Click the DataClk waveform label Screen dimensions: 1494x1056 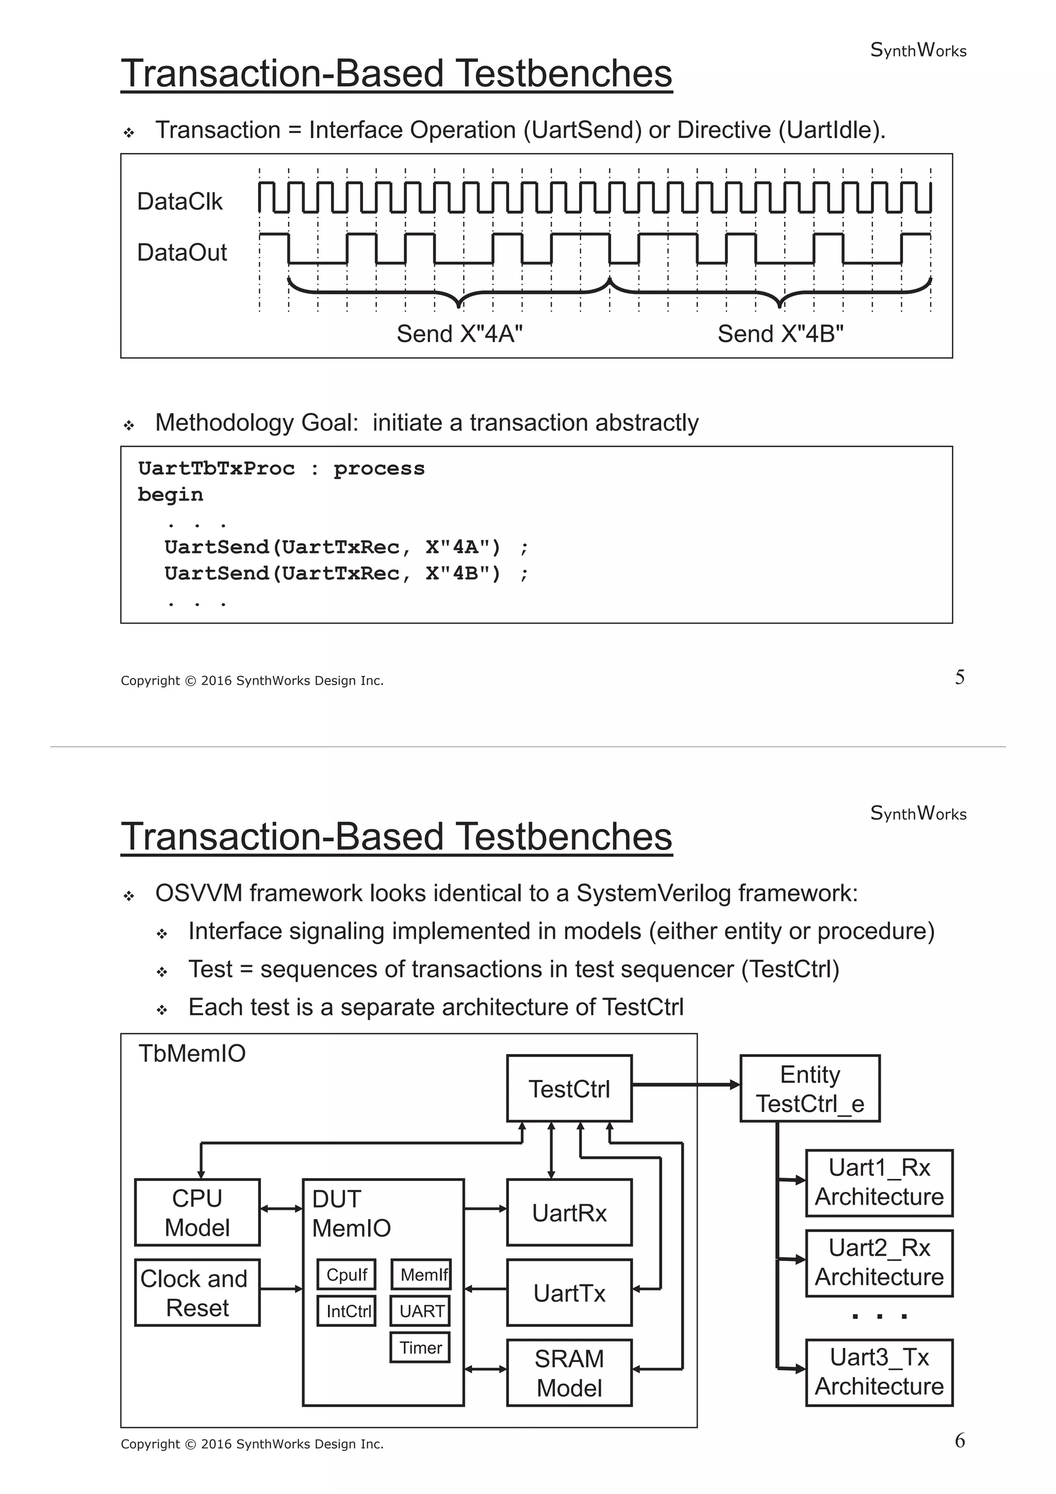pyautogui.click(x=179, y=202)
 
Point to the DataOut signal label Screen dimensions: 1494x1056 pyautogui.click(x=181, y=253)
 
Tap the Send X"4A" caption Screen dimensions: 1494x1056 pyautogui.click(x=459, y=334)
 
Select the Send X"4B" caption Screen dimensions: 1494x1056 pyautogui.click(x=780, y=334)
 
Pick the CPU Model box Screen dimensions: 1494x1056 pyautogui.click(x=197, y=1212)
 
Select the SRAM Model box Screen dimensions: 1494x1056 pyautogui.click(x=569, y=1373)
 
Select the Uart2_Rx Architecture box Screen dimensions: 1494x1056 pyautogui.click(x=879, y=1263)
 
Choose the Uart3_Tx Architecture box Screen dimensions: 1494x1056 pyautogui.click(x=879, y=1372)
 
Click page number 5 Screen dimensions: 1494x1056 pyautogui.click(x=960, y=677)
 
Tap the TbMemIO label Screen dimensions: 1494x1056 pyautogui.click(x=192, y=1053)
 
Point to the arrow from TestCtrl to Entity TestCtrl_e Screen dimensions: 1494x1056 pyautogui.click(x=686, y=1085)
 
